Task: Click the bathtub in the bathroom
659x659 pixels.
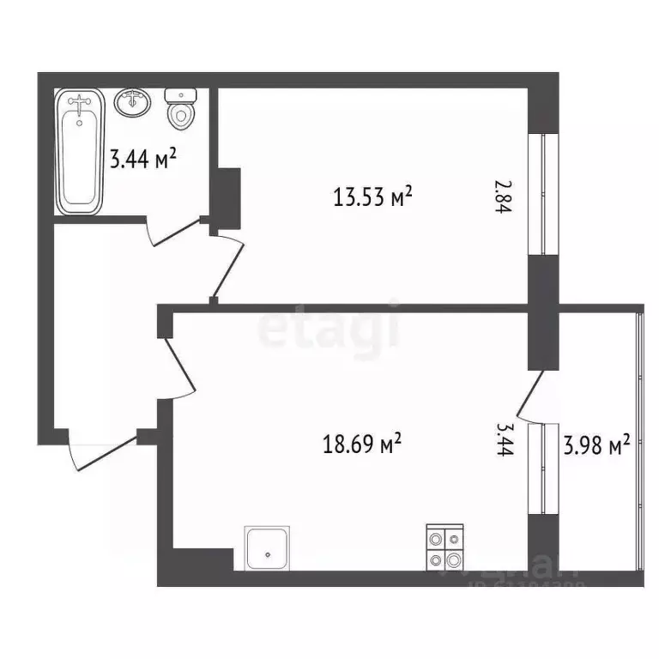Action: pyautogui.click(x=81, y=154)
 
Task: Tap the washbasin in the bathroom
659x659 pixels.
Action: pyautogui.click(x=133, y=102)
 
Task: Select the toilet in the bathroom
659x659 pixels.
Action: pyautogui.click(x=180, y=110)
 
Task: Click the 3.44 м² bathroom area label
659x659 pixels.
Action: pyautogui.click(x=142, y=160)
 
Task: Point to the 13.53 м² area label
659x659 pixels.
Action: pyautogui.click(x=373, y=198)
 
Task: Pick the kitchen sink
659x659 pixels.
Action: pyautogui.click(x=268, y=547)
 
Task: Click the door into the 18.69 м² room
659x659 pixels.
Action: pyautogui.click(x=182, y=365)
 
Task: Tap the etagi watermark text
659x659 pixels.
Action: pyautogui.click(x=329, y=326)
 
